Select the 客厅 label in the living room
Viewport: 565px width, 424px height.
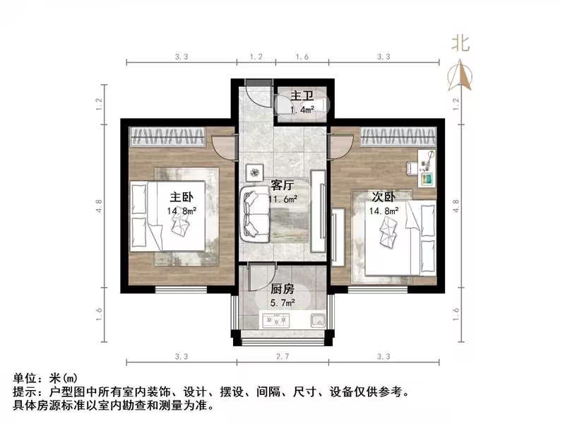click(282, 186)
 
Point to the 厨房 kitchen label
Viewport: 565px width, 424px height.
click(282, 288)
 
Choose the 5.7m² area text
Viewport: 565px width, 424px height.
click(282, 302)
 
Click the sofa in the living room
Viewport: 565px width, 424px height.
click(254, 213)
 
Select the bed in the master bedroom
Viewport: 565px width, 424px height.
click(176, 216)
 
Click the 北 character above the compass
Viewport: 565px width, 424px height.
click(461, 45)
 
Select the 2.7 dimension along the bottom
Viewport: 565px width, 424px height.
click(282, 356)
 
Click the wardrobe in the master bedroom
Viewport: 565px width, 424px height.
click(167, 134)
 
